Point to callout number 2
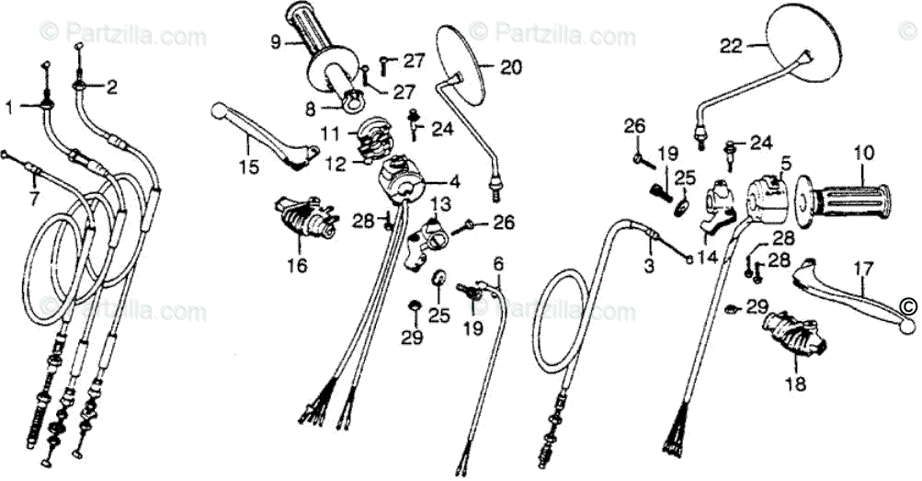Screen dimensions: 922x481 pos(112,88)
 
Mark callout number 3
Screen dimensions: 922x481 pos(648,267)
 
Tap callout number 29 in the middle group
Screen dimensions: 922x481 pos(411,338)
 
